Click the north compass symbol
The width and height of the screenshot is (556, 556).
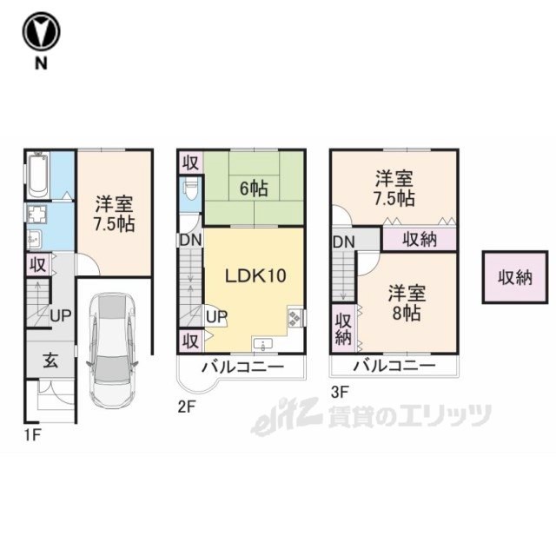tap(41, 31)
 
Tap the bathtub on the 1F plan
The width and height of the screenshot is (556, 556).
tap(38, 175)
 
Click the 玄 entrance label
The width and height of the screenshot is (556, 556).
tap(50, 361)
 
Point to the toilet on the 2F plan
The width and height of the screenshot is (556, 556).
tap(190, 192)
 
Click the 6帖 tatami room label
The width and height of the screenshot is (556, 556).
tap(254, 189)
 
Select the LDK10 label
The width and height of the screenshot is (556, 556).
tap(255, 275)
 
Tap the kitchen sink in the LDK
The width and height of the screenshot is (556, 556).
tap(262, 345)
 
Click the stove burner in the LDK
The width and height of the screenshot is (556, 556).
tap(295, 318)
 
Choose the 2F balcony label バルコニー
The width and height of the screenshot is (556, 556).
tap(243, 367)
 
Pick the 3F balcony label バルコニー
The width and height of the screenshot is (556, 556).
tap(394, 366)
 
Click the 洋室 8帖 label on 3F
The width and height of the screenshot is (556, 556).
tap(407, 303)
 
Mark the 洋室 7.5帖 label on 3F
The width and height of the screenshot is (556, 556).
tap(394, 189)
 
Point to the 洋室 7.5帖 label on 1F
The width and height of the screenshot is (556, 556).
tap(114, 214)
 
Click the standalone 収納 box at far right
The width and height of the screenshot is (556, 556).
tap(515, 277)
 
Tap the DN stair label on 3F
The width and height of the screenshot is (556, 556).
tap(344, 242)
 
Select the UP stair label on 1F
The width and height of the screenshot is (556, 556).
tap(61, 315)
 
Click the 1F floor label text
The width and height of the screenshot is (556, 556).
tap(33, 435)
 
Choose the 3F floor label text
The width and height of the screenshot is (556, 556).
tap(341, 392)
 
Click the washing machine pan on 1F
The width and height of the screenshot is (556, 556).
tap(37, 215)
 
